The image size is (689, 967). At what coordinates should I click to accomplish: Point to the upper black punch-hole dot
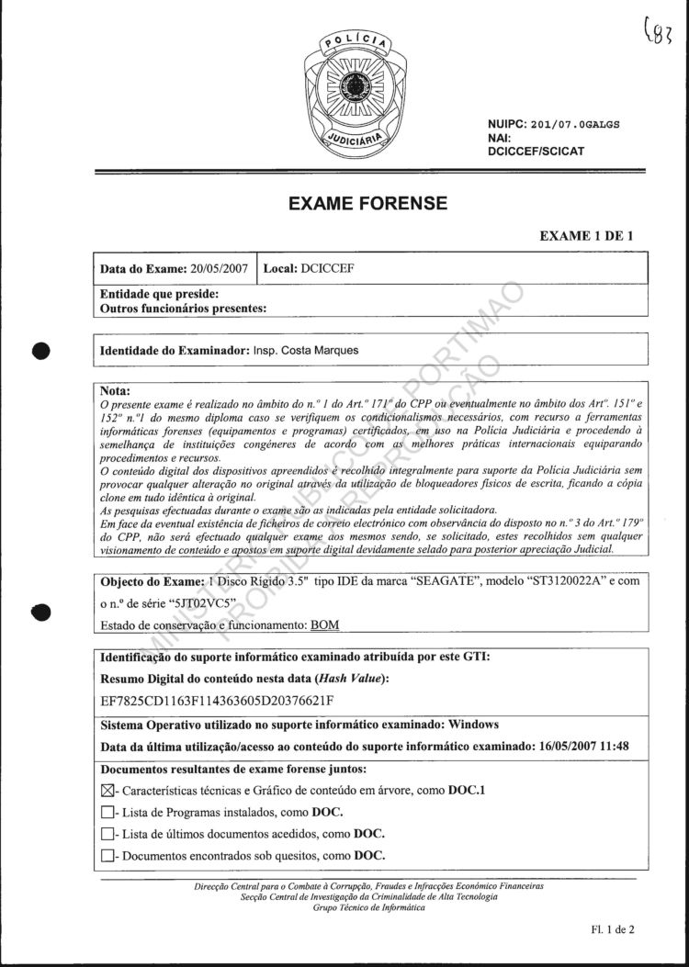(40, 351)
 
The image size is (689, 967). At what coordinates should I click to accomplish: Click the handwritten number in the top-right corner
(657, 37)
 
